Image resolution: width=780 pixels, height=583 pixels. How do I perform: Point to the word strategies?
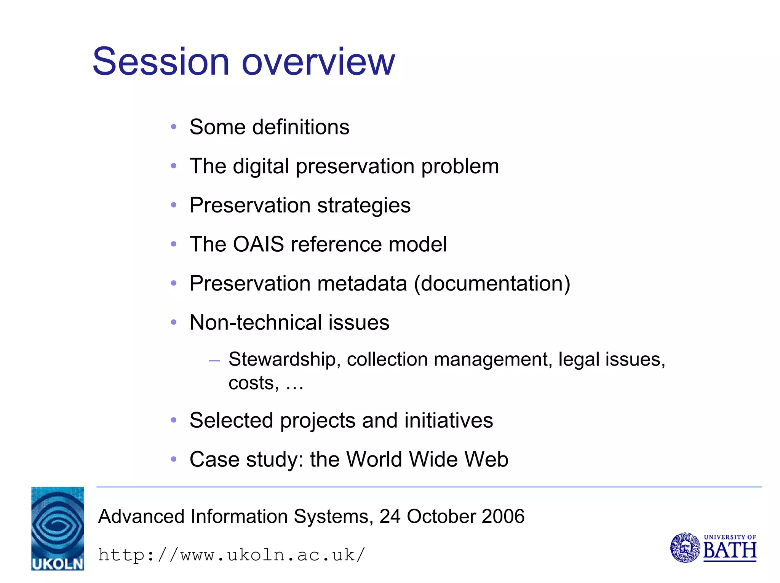point(364,206)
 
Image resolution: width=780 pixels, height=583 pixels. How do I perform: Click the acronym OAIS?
point(258,244)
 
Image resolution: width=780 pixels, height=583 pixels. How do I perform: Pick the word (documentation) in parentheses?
point(492,284)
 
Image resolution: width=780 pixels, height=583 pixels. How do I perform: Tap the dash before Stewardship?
point(214,360)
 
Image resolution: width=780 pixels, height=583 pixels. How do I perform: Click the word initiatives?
point(448,421)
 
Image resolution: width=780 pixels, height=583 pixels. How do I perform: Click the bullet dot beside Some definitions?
point(174,127)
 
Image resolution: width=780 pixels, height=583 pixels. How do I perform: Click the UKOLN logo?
point(58,528)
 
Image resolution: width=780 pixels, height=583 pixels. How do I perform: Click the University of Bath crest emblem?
point(685,548)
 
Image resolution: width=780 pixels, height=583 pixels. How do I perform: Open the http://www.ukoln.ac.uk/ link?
point(232,555)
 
